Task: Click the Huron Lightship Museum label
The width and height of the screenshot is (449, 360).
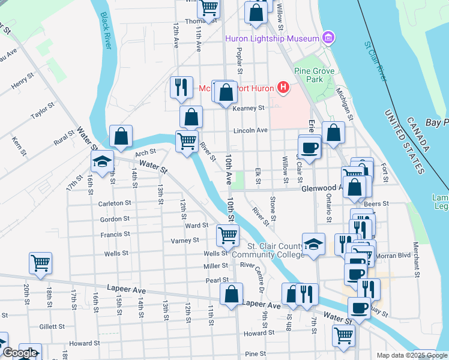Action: point(271,39)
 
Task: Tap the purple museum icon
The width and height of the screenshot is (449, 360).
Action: point(328,38)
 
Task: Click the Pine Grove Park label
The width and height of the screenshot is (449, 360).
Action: point(313,74)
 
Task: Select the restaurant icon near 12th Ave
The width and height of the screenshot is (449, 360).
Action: point(181,88)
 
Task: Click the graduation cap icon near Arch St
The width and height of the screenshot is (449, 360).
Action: point(102,161)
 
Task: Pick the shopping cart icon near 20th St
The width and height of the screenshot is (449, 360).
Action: point(40,263)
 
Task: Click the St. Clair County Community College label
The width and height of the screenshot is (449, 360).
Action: point(268,250)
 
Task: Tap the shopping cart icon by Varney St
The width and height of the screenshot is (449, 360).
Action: point(228,235)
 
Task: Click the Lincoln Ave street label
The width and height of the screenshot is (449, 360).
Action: point(250,130)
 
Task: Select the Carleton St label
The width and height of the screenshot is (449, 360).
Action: point(115,203)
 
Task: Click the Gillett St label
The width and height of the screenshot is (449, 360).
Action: point(52,327)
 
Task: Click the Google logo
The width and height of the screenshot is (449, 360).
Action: point(20,353)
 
